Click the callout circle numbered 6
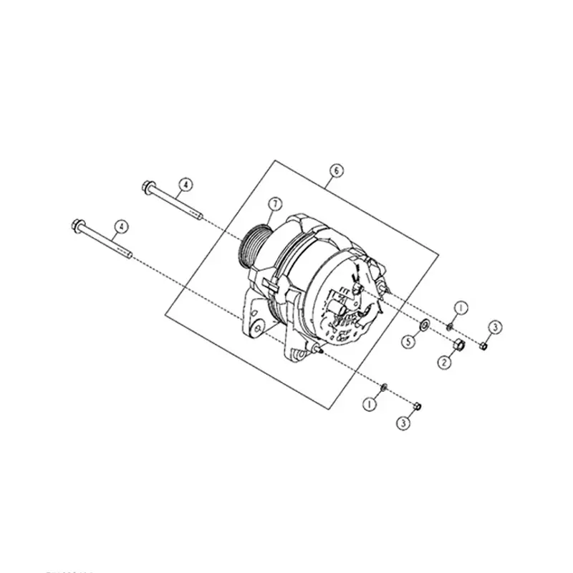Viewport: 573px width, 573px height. coord(336,170)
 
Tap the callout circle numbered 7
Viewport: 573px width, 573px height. coord(273,204)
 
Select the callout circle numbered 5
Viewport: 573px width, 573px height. coord(408,342)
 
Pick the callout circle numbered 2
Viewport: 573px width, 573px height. coord(444,363)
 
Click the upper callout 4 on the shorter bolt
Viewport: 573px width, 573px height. coord(184,185)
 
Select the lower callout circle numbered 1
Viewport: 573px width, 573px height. coord(370,403)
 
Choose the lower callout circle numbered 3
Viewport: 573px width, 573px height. coord(405,424)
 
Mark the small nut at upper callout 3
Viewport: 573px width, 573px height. coord(483,347)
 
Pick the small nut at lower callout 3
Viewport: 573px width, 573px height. coord(418,406)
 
